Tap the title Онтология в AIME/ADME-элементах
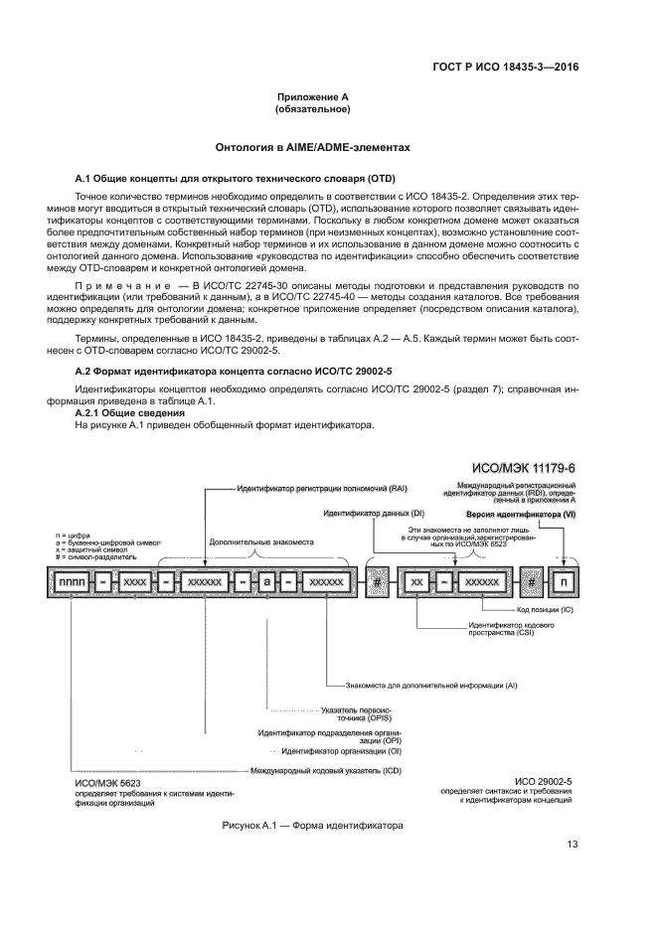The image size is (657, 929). [x=313, y=147]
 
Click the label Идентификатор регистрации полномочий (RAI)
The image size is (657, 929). [x=308, y=490]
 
